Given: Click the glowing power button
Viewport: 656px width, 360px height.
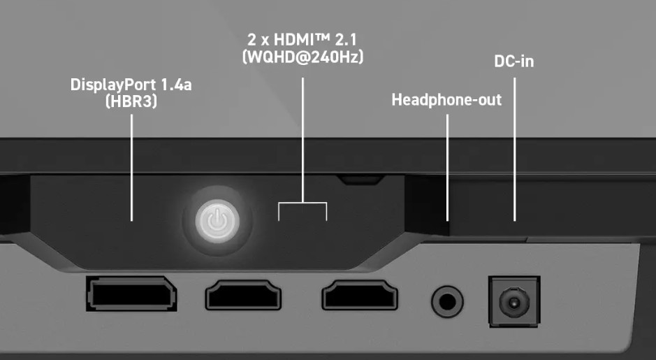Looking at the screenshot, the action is pos(217,221).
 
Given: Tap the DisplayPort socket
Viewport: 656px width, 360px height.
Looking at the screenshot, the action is pos(131,294).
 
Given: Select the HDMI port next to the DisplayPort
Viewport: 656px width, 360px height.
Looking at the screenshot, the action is pos(243,295).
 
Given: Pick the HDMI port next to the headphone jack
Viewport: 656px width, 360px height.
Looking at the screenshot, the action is pos(360,295).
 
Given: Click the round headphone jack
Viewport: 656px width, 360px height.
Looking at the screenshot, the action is pos(447,301).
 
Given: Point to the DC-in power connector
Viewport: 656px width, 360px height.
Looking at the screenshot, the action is pos(514,301).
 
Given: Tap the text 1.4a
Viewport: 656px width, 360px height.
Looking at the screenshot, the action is pos(176,85).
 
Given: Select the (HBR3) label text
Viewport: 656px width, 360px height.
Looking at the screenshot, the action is pos(131,101).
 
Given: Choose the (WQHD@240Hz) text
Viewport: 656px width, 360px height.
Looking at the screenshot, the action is pos(303,57).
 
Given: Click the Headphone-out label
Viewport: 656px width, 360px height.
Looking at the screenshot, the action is pos(446,100).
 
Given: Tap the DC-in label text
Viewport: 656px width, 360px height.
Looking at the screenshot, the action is pos(513,62).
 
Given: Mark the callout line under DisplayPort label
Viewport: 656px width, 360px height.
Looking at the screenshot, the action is pos(132,168).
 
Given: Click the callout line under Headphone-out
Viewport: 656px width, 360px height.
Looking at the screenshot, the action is pos(447,168).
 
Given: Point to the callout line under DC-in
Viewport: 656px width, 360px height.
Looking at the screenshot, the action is pos(514,150).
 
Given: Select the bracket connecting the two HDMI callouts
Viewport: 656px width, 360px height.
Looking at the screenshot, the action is pos(303,203).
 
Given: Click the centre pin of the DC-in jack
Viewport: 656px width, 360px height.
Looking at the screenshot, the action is pos(513,302).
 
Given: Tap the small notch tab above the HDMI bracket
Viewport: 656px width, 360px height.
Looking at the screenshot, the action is pos(360,180).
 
